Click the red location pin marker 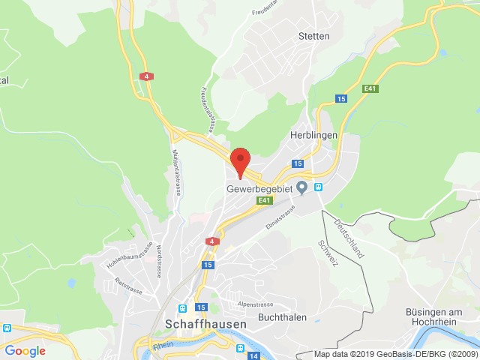click(240, 161)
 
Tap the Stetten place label click(313, 36)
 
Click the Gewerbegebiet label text click(259, 188)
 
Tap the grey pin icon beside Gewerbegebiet click(302, 187)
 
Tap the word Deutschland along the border click(349, 238)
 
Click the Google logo click(25, 350)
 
